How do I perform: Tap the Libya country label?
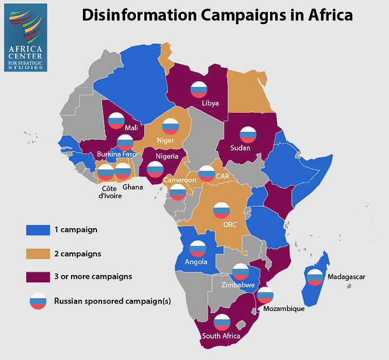click(x=210, y=103)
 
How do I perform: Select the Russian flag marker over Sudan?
click(x=248, y=135)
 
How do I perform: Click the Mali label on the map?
click(x=131, y=128)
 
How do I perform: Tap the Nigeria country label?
click(x=167, y=156)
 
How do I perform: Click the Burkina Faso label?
click(x=116, y=154)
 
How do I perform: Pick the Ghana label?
click(x=132, y=187)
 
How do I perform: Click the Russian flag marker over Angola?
click(x=197, y=248)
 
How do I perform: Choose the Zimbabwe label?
click(x=238, y=285)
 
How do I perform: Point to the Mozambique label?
click(x=283, y=309)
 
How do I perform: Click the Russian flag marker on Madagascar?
click(x=313, y=276)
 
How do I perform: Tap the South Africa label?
click(x=221, y=336)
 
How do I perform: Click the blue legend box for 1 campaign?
click(x=35, y=230)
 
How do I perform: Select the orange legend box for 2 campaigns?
click(x=35, y=254)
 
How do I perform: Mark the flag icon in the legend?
click(x=38, y=301)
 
